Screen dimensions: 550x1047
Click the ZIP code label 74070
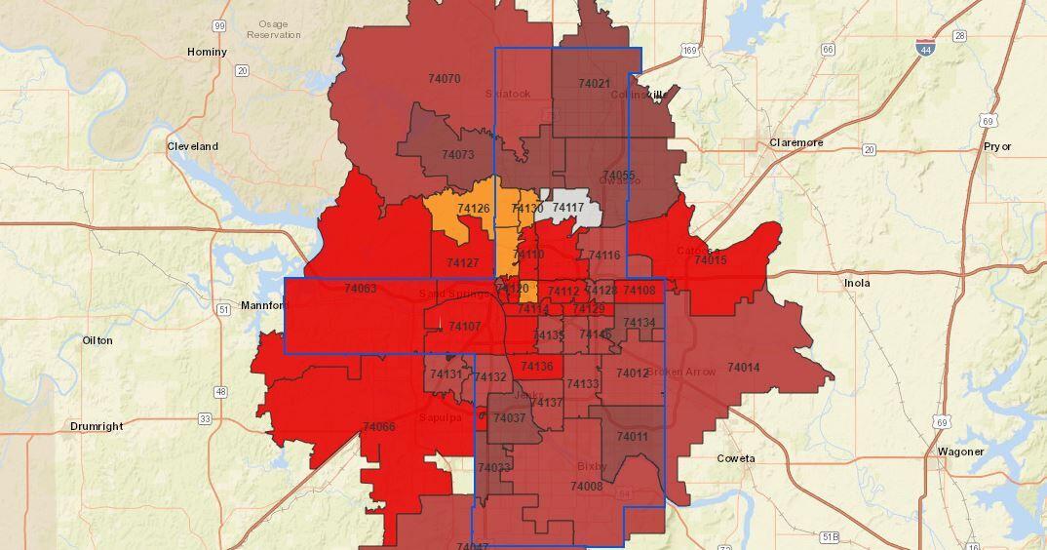pos(445,78)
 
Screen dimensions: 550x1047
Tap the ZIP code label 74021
pos(594,84)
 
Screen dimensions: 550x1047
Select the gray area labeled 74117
pos(568,208)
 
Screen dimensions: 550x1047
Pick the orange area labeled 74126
pos(473,209)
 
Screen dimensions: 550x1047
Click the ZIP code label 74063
pos(360,289)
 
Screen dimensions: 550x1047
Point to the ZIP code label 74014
pos(743,368)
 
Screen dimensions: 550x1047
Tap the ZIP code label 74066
pos(378,426)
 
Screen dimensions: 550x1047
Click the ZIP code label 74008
pos(586,486)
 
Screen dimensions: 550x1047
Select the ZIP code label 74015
pos(711,259)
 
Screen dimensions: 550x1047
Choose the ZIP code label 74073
pos(457,154)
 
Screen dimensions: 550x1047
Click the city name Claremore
pos(795,142)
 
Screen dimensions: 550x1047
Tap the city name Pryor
pos(997,146)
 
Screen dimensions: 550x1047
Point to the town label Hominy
pos(207,52)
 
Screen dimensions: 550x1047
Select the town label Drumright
pos(97,427)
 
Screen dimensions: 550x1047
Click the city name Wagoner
pos(961,452)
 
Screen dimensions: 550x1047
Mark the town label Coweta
pos(736,458)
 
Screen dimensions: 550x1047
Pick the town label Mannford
pos(264,305)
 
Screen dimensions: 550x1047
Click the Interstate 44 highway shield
pos(923,46)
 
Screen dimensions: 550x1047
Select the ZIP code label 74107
pos(464,326)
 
